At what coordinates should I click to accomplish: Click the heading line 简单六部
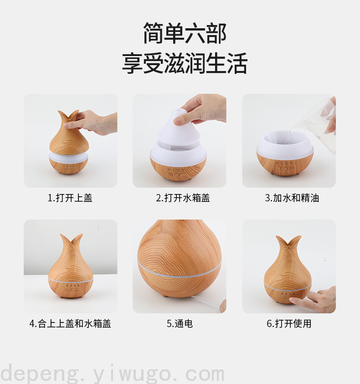(x=185, y=33)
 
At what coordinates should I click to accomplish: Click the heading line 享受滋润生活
(x=185, y=63)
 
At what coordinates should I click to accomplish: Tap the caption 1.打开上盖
(x=70, y=198)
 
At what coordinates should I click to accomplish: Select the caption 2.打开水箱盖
(x=183, y=198)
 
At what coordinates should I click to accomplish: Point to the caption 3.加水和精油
(x=292, y=198)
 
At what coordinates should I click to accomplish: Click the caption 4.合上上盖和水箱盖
(x=70, y=323)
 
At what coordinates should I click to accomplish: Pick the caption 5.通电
(x=180, y=323)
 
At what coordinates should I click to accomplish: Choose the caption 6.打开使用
(x=289, y=323)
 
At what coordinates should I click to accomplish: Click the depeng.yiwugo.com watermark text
(x=112, y=374)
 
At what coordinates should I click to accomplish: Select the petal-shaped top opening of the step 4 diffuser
(x=71, y=238)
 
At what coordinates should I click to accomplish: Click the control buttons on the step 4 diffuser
(x=72, y=288)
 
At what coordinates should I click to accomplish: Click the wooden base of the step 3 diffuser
(x=285, y=164)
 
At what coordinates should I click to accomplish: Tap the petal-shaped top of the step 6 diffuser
(x=288, y=241)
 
